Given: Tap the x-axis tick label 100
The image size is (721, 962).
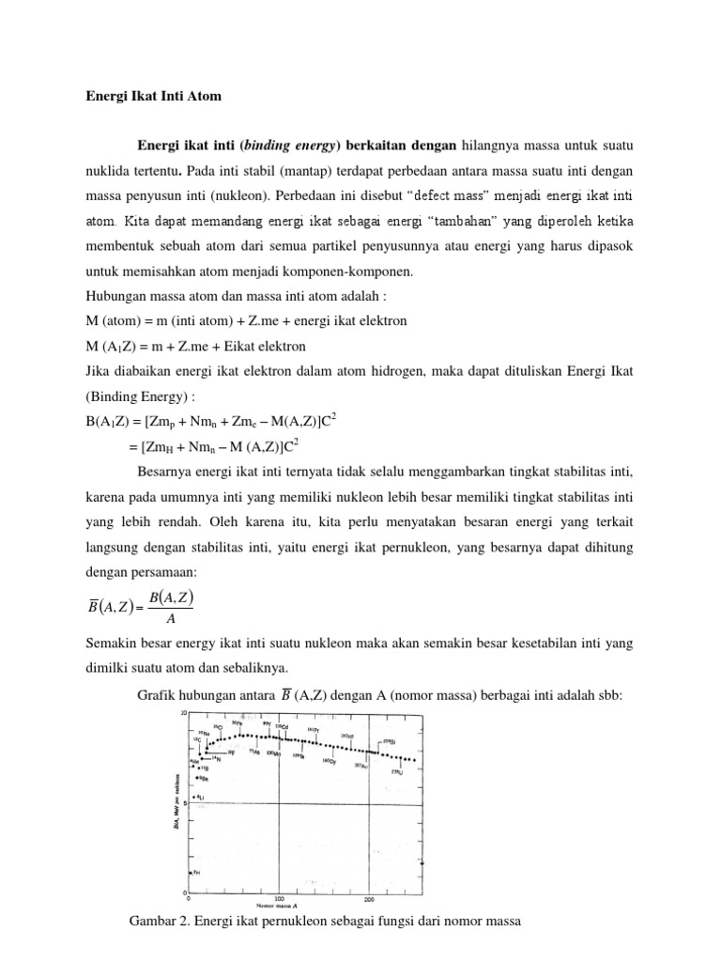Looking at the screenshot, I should [x=279, y=898].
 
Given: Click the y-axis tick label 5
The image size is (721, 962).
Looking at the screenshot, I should [x=185, y=802].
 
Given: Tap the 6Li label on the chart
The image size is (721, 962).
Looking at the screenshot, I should [x=200, y=798].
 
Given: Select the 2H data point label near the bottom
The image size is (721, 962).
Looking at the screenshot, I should [x=196, y=873].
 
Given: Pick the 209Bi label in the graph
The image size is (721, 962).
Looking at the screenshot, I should [x=390, y=742].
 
